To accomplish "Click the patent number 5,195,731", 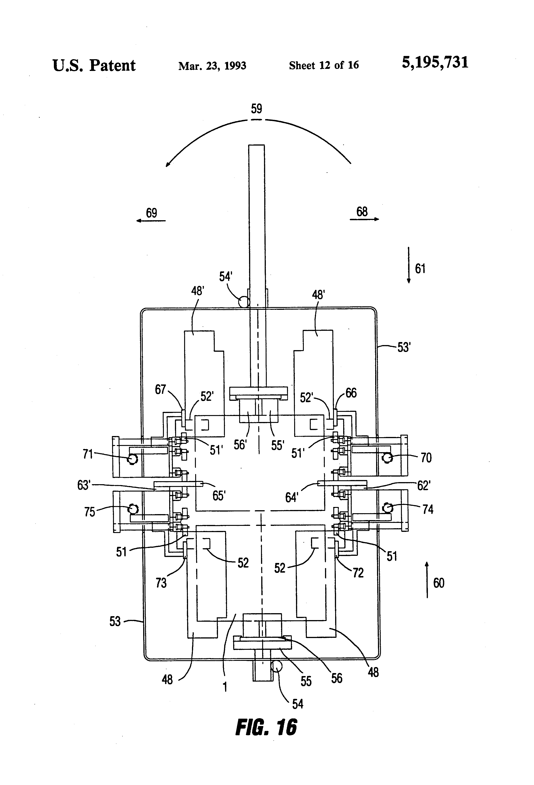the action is pos(435,63).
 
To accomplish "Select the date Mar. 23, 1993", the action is pos(212,65).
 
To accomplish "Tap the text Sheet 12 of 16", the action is pos(324,65).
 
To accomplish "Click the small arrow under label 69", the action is pos(151,221).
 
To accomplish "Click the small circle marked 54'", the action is pos(243,302).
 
